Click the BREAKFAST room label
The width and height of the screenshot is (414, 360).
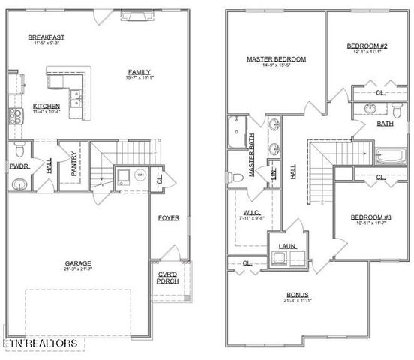click(x=46, y=37)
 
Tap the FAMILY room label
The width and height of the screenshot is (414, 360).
click(x=140, y=72)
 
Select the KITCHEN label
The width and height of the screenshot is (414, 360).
click(x=47, y=106)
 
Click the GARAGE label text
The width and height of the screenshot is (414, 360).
click(x=77, y=263)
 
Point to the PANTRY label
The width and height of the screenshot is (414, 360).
click(x=74, y=165)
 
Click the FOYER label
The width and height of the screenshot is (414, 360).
click(x=168, y=218)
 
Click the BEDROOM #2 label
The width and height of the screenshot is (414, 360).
click(x=365, y=46)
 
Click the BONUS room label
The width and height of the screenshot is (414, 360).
click(x=298, y=295)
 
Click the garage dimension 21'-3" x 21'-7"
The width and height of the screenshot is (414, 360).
click(x=77, y=270)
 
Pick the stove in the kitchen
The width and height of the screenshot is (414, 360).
click(x=15, y=114)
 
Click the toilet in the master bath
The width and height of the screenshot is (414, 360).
click(x=238, y=178)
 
